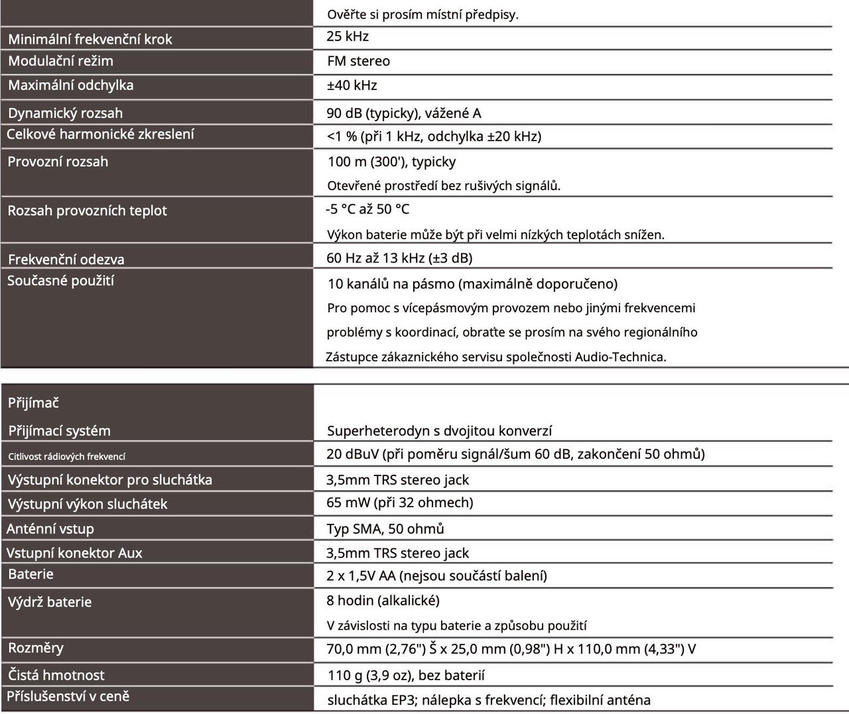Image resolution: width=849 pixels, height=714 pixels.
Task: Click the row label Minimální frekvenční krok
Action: [x=90, y=39]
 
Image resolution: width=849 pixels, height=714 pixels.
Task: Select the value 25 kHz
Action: [x=348, y=36]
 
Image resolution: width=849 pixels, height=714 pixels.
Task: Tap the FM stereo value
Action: [x=358, y=61]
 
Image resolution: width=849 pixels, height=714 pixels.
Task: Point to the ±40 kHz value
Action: [x=352, y=85]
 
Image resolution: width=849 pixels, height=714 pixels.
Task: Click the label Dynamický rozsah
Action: [x=65, y=113]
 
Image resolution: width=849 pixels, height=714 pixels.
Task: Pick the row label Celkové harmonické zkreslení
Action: [x=100, y=134]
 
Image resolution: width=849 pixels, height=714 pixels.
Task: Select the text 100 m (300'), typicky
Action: [x=391, y=162]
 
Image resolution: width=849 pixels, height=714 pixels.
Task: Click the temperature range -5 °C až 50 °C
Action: [x=367, y=209]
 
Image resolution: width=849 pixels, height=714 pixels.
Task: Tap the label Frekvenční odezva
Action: [x=66, y=259]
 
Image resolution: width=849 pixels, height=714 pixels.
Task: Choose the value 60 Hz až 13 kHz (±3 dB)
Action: [x=399, y=258]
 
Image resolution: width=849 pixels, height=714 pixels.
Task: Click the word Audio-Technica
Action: [x=620, y=357]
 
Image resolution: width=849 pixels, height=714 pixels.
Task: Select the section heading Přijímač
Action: [x=33, y=402]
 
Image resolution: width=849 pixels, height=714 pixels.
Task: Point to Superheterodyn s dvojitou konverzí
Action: [x=439, y=431]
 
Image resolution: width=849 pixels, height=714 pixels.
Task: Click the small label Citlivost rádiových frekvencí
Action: [x=66, y=456]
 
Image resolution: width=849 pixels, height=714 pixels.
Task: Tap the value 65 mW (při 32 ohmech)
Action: [x=399, y=503]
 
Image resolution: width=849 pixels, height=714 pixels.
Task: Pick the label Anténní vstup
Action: [x=50, y=528]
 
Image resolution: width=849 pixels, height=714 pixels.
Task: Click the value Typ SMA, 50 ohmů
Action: [x=385, y=528]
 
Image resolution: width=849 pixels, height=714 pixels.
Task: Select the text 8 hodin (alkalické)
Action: [x=383, y=601]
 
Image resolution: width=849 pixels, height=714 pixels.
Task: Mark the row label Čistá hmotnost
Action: [x=56, y=675]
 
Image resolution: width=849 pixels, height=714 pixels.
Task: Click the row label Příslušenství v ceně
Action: [x=68, y=696]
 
